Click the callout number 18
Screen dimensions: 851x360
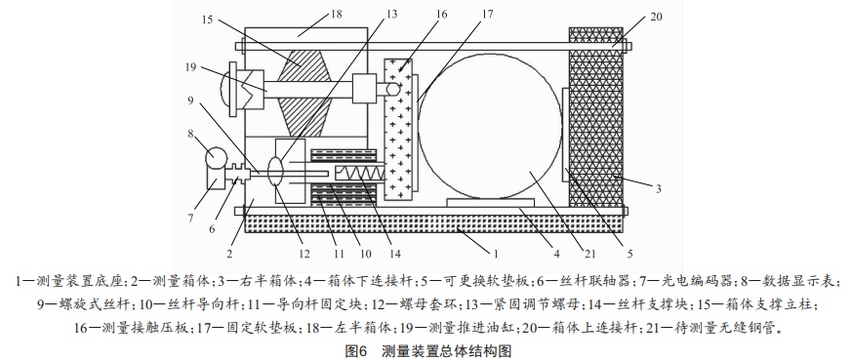point(337,14)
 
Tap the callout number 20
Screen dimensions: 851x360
point(656,17)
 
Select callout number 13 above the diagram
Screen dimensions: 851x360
point(391,14)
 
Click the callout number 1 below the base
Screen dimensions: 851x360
point(496,253)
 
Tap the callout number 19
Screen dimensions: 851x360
point(190,66)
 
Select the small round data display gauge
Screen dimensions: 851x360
point(216,157)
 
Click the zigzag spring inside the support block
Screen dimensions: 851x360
point(361,174)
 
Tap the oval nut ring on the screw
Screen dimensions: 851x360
point(277,173)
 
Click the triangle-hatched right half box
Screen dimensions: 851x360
point(596,116)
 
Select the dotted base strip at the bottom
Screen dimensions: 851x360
point(434,223)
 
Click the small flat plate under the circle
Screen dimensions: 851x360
point(490,203)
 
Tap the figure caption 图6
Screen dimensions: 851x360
point(357,351)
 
